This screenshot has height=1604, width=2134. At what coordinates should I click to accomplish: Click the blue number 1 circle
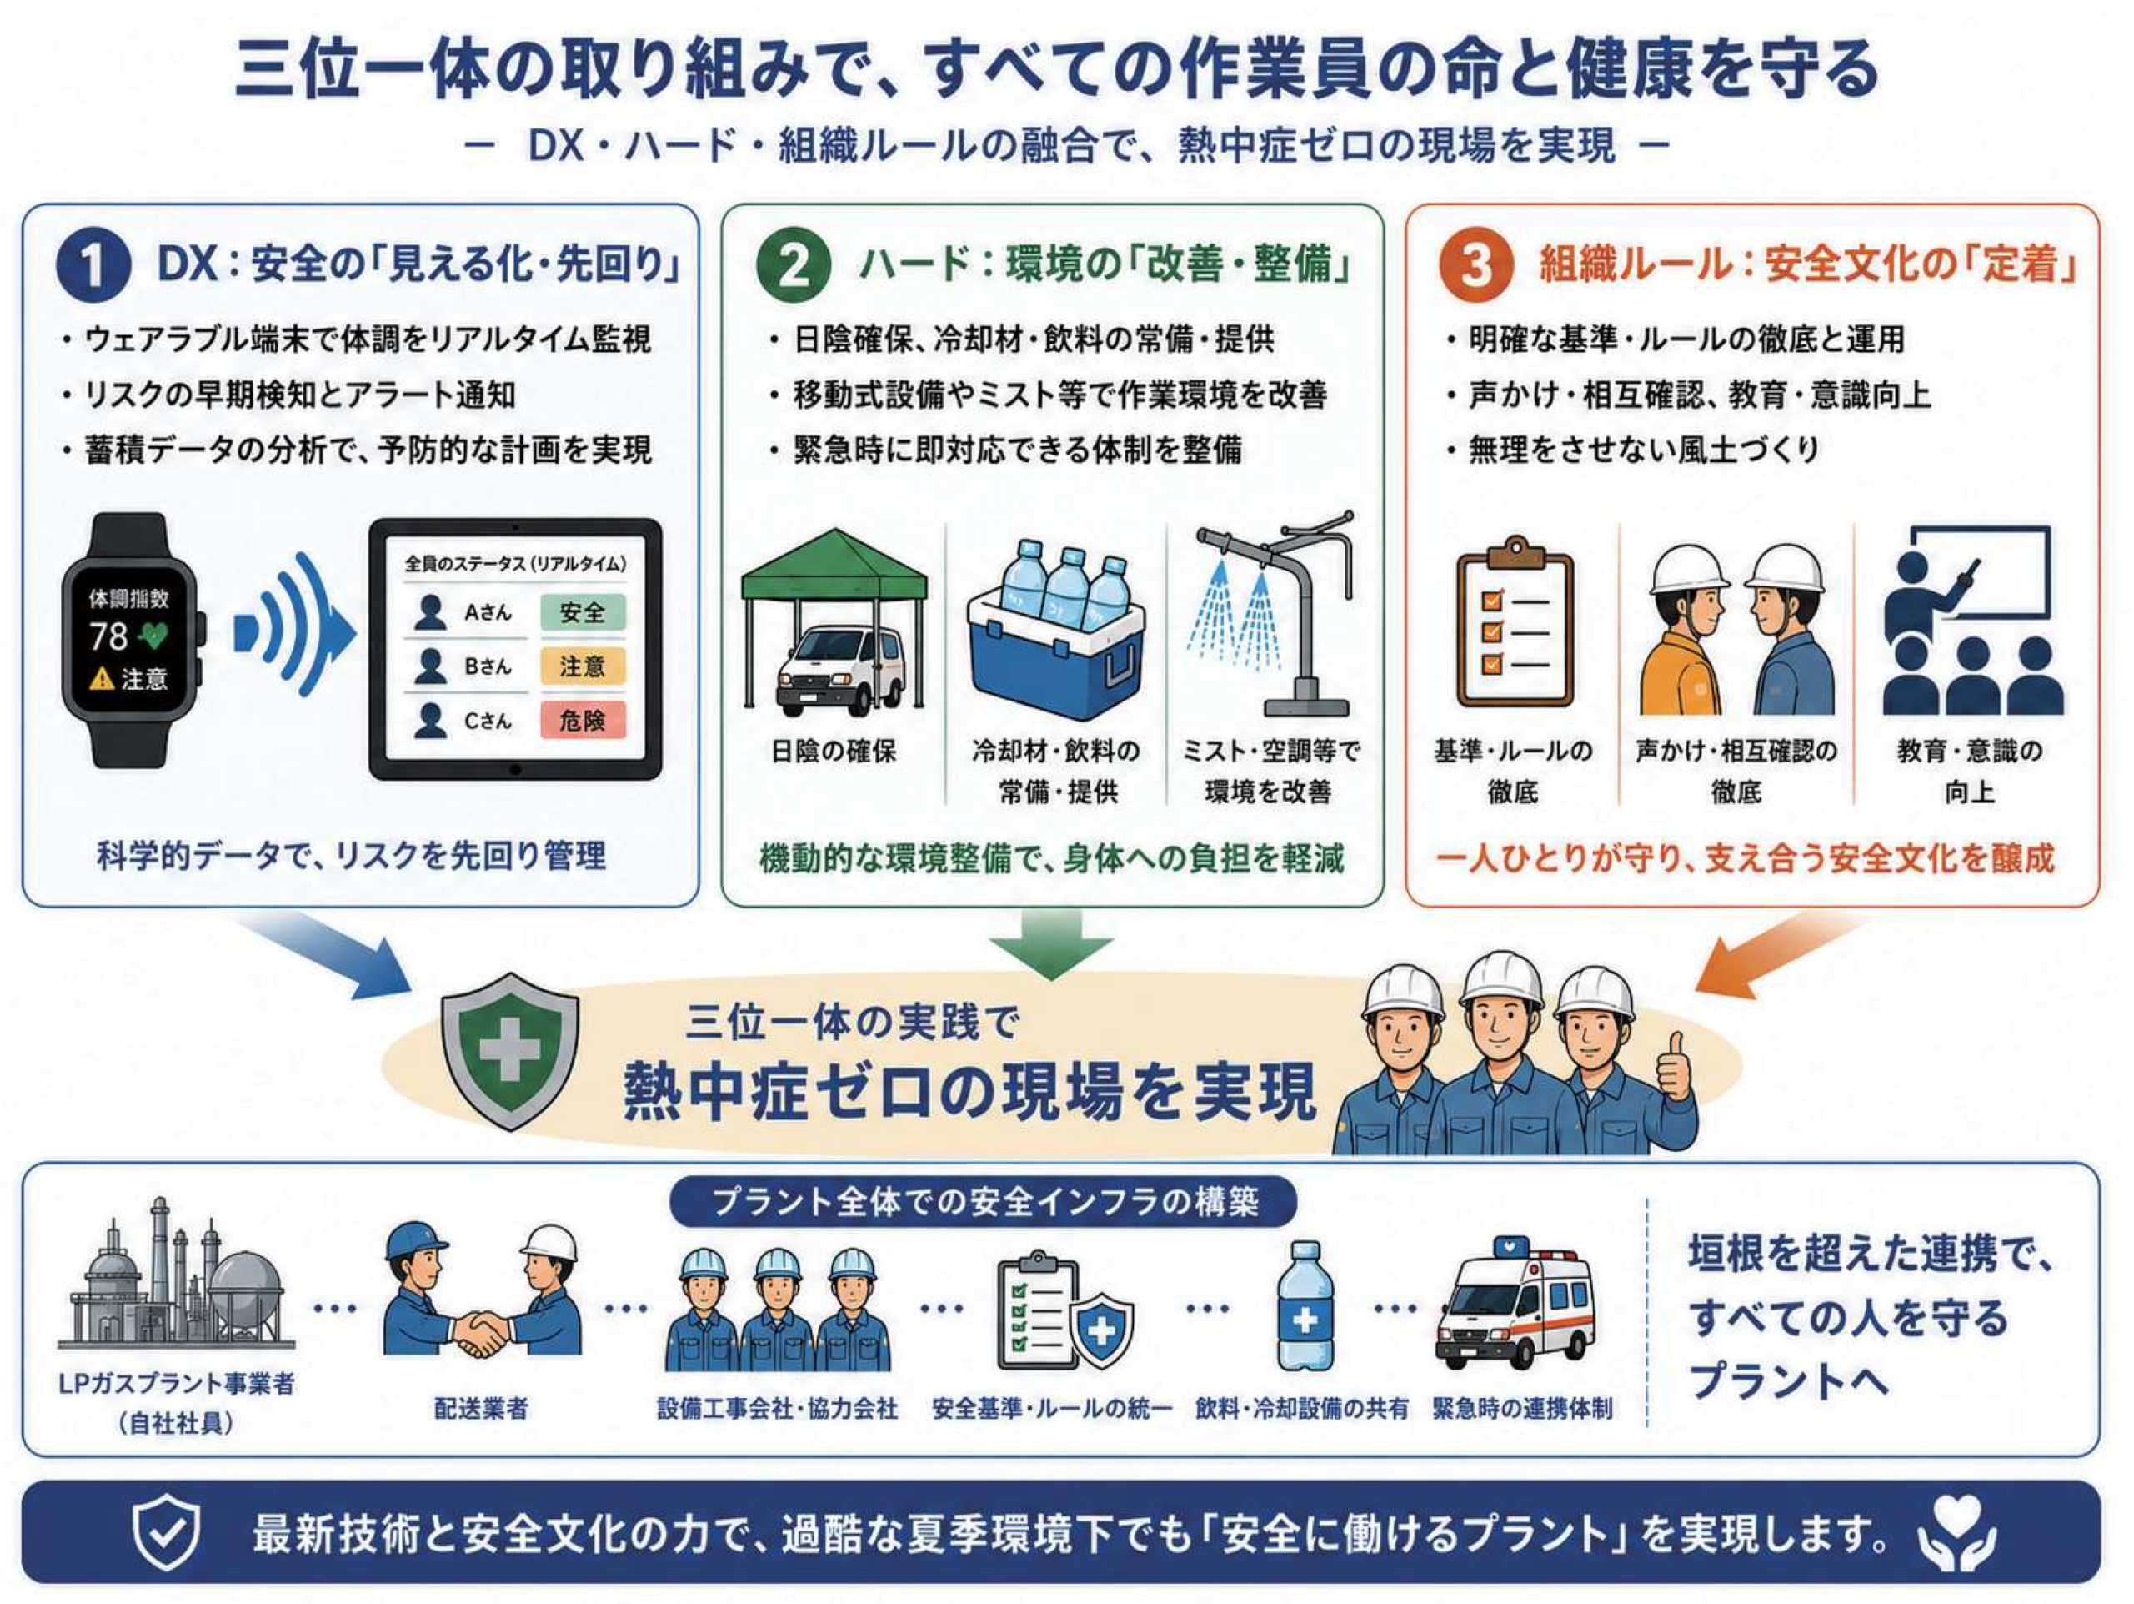93,265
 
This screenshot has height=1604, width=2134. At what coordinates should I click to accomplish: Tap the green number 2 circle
793,265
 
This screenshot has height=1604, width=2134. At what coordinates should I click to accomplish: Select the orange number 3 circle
1475,265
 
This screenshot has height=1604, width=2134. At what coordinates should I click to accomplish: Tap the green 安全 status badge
582,612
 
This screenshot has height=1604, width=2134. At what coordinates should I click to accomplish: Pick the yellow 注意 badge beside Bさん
582,666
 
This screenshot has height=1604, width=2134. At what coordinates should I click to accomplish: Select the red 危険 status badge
582,720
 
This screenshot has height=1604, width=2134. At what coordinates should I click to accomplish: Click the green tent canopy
834,565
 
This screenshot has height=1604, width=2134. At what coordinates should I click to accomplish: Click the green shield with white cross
509,1050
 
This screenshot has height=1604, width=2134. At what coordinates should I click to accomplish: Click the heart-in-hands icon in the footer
1956,1534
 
